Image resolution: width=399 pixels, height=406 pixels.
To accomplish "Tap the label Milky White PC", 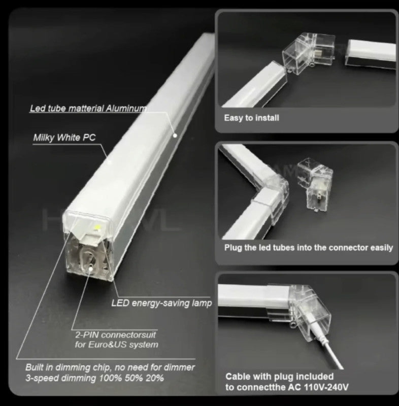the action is (x=64, y=138).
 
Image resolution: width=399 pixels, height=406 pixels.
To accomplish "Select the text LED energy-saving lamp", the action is (x=161, y=303).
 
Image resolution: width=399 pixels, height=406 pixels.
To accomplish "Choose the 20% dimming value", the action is (x=155, y=378).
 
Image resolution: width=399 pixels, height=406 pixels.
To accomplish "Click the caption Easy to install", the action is (x=251, y=118).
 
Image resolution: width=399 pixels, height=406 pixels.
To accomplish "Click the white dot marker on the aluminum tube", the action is (x=175, y=135).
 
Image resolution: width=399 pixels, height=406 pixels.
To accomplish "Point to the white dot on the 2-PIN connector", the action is (x=91, y=268).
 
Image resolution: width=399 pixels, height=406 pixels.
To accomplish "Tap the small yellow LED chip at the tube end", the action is (x=97, y=227).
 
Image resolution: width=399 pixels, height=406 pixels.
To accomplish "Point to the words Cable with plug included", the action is (x=279, y=377).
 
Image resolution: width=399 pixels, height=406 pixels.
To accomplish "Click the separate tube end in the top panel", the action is (x=371, y=54).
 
